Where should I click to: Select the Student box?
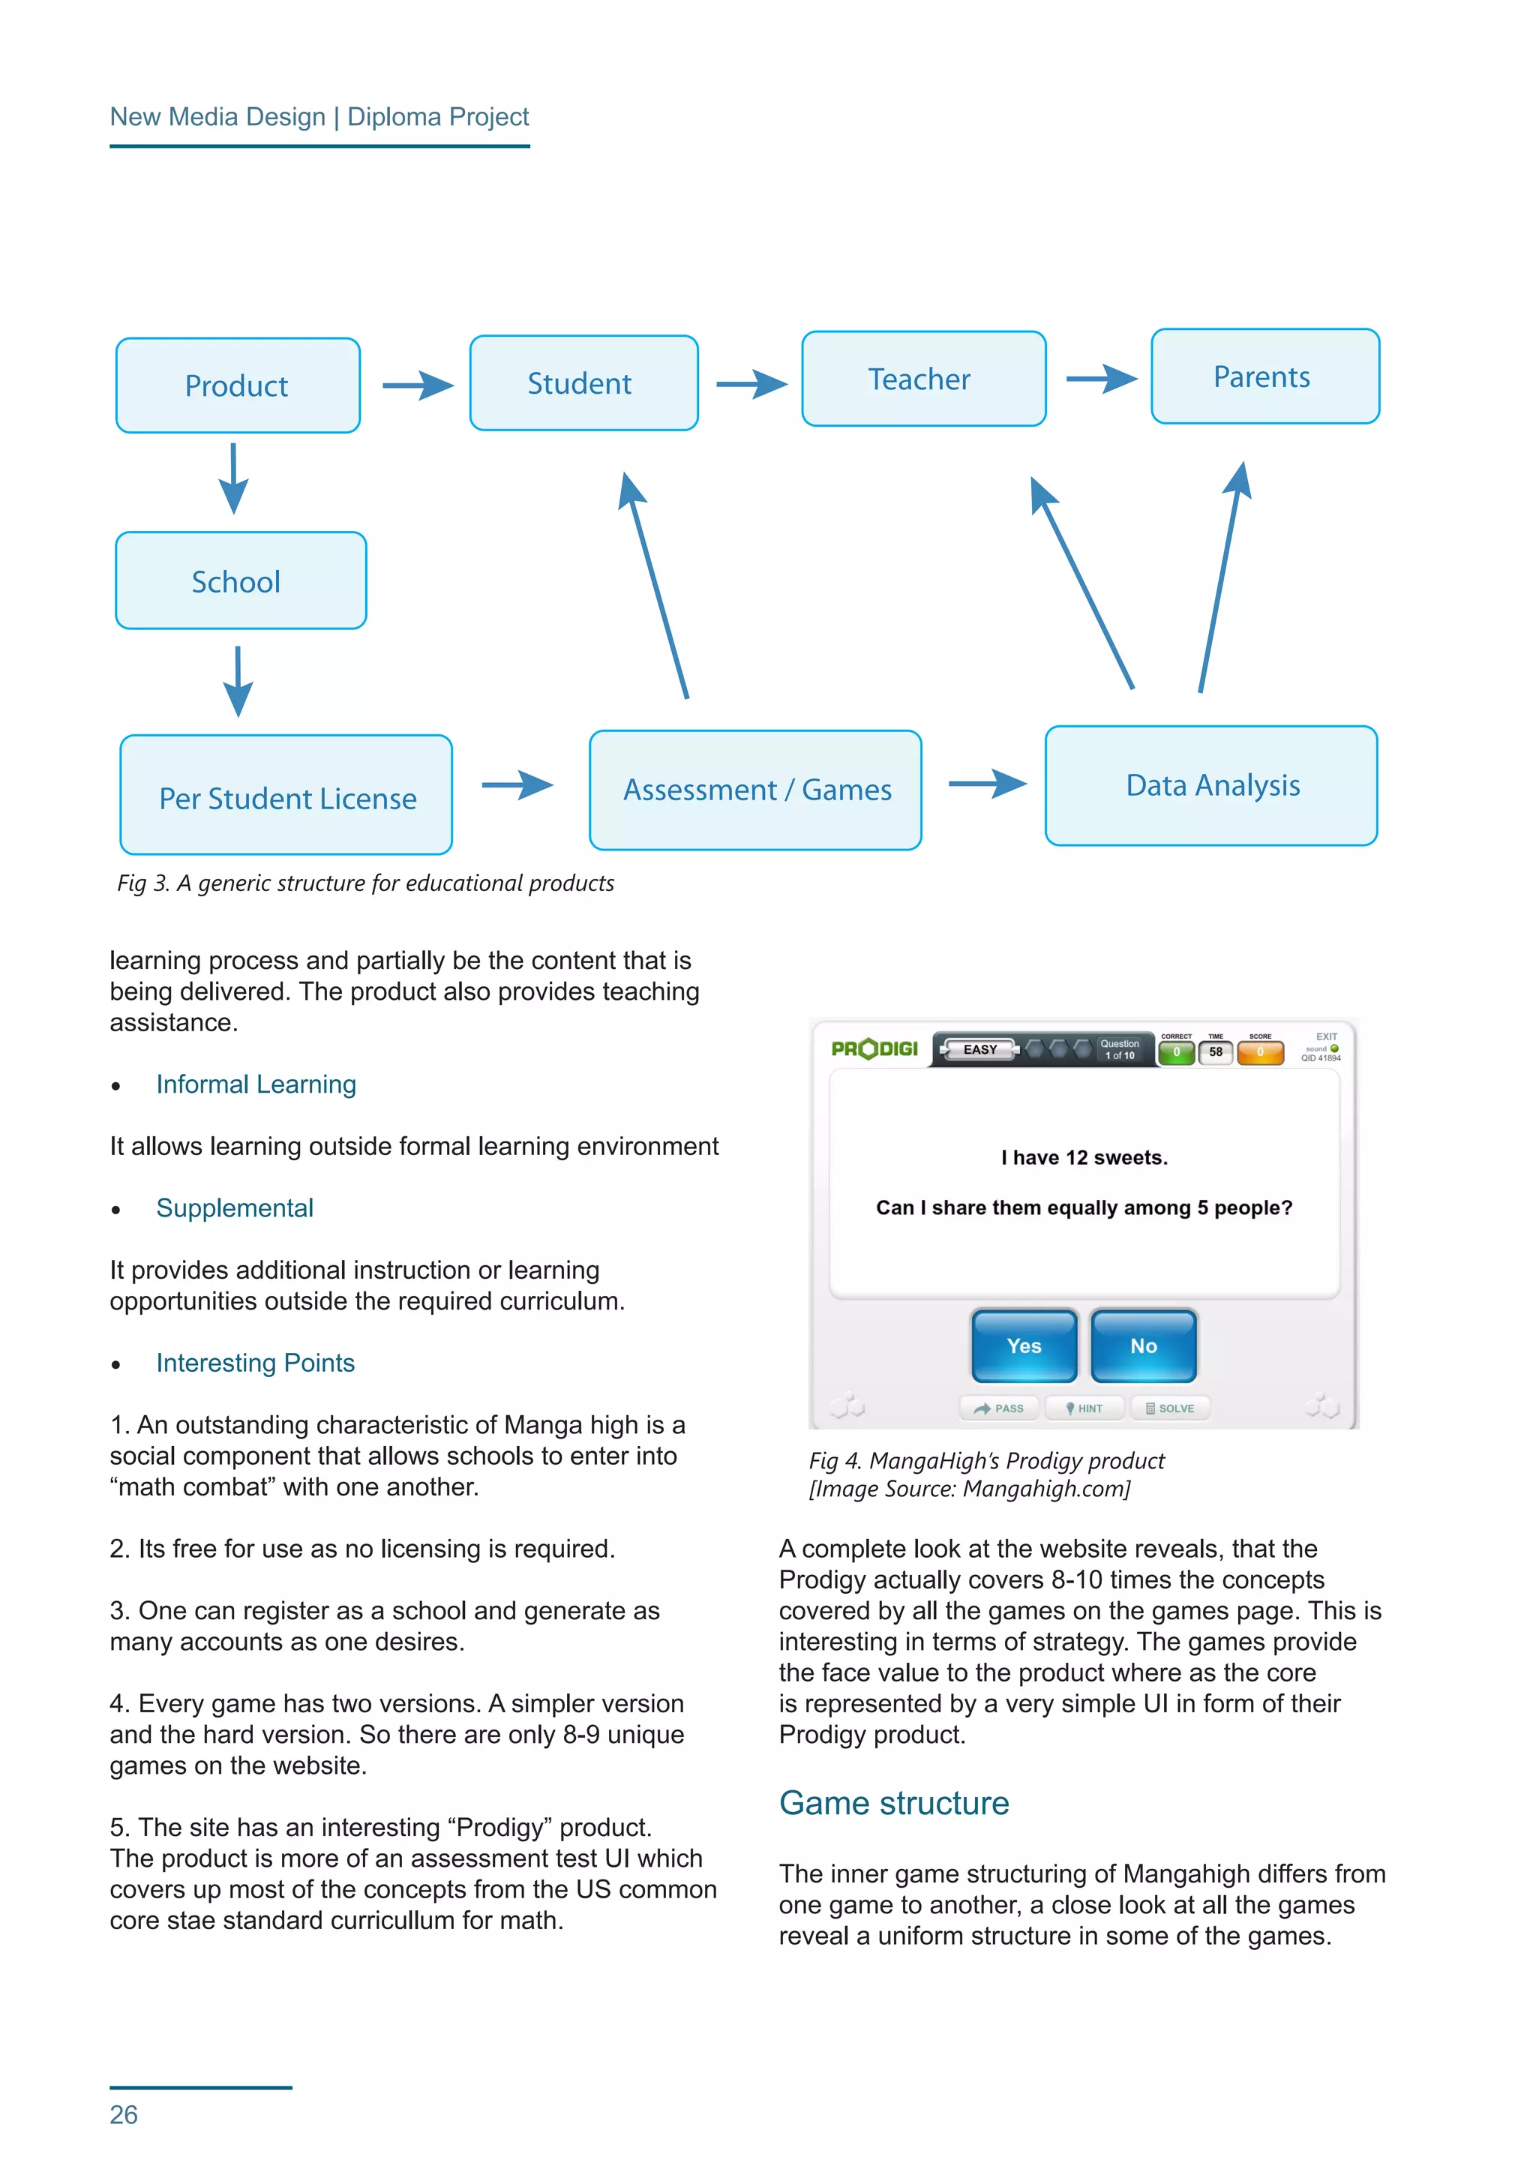583,383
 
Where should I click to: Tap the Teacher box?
923,379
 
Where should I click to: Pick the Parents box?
1264,376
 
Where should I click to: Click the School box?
240,580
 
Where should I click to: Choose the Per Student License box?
286,796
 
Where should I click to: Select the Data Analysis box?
1210,786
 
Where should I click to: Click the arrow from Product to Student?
418,385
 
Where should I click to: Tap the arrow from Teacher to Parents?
1102,379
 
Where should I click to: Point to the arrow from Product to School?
233,478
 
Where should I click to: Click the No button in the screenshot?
1144,1345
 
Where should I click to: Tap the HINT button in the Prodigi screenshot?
1084,1408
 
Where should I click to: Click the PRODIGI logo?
874,1048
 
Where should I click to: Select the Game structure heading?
894,1803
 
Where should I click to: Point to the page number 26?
124,2114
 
